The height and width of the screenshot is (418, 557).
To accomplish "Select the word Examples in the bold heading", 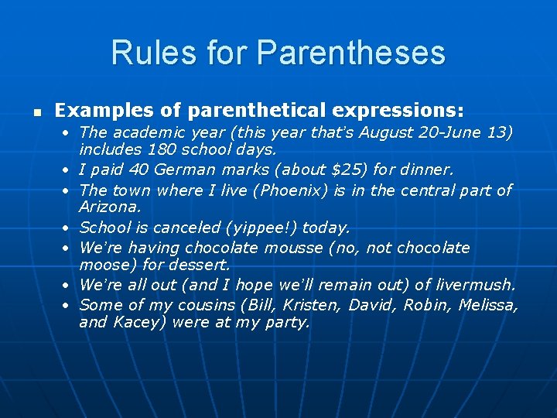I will coord(97,110).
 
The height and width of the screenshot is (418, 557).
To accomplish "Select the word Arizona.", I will coord(109,207).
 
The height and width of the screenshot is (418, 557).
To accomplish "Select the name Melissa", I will coord(487,305).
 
